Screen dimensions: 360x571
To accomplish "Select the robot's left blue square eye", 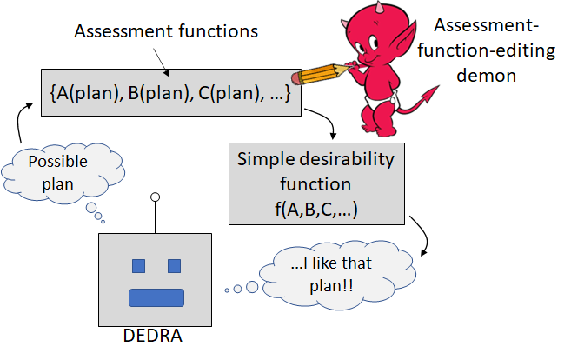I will [x=137, y=265].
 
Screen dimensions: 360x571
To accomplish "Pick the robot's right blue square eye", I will [x=174, y=265].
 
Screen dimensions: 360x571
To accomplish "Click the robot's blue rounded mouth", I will [x=156, y=297].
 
